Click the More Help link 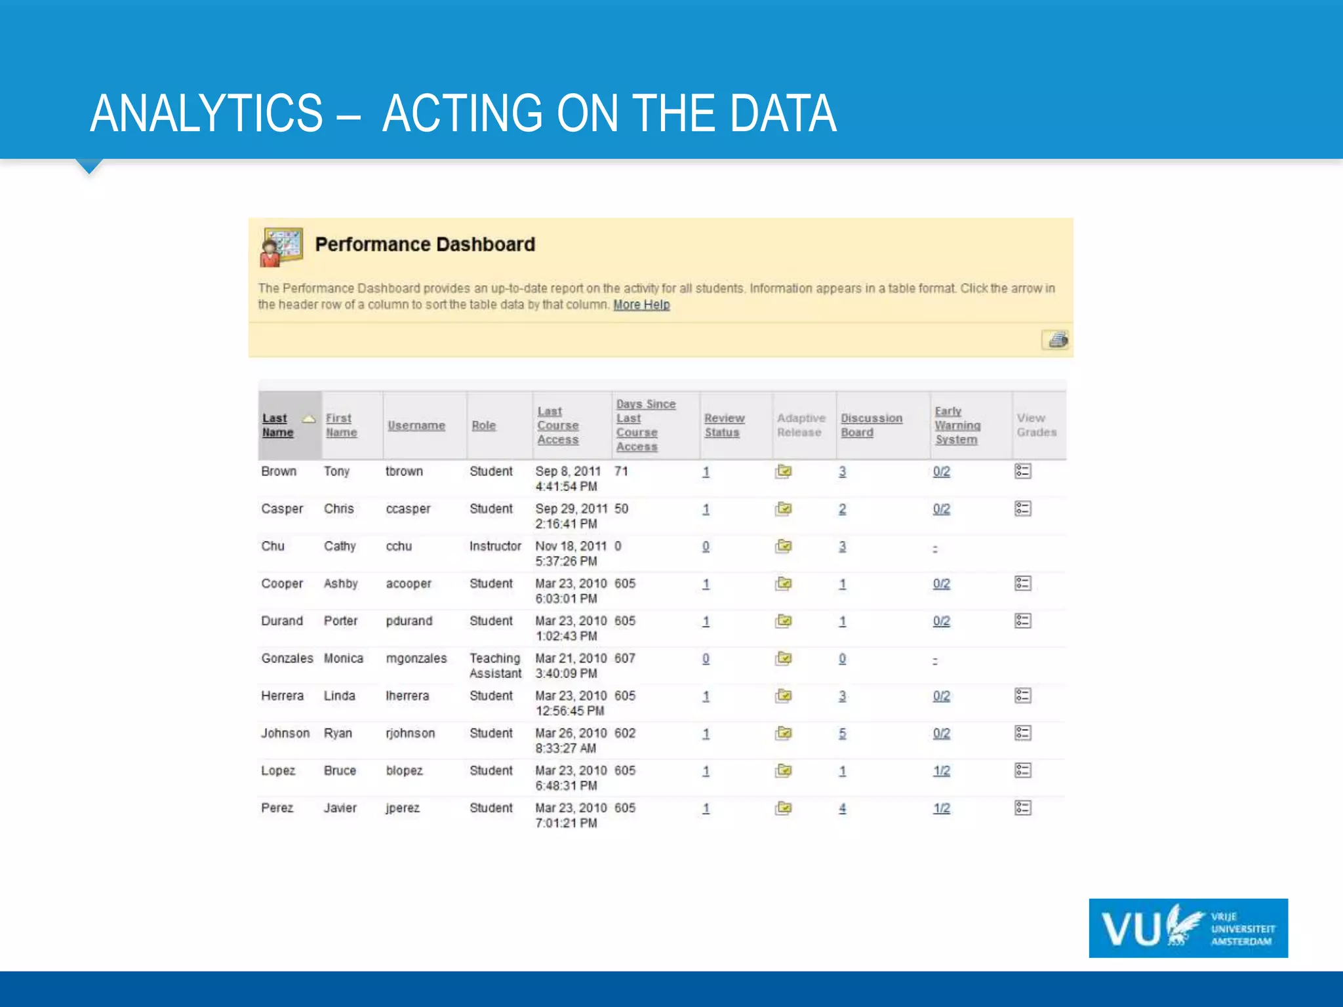click(x=641, y=305)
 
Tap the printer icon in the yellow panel click(x=1056, y=340)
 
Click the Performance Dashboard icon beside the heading click(x=281, y=247)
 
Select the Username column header click(x=416, y=425)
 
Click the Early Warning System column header click(x=957, y=425)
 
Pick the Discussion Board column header click(x=871, y=425)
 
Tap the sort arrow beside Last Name click(x=308, y=419)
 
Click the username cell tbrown click(x=404, y=471)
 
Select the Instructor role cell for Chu click(x=495, y=546)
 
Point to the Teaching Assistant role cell click(x=495, y=665)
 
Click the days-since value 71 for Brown click(x=621, y=471)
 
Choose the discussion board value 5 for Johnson click(x=842, y=734)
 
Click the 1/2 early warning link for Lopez click(x=941, y=771)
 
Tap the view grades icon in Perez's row click(x=1022, y=808)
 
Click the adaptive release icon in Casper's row click(x=783, y=509)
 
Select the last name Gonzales click(x=287, y=658)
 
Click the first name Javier click(x=340, y=808)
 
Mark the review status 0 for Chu click(x=706, y=547)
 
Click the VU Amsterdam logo click(x=1188, y=928)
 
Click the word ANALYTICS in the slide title click(x=207, y=113)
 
